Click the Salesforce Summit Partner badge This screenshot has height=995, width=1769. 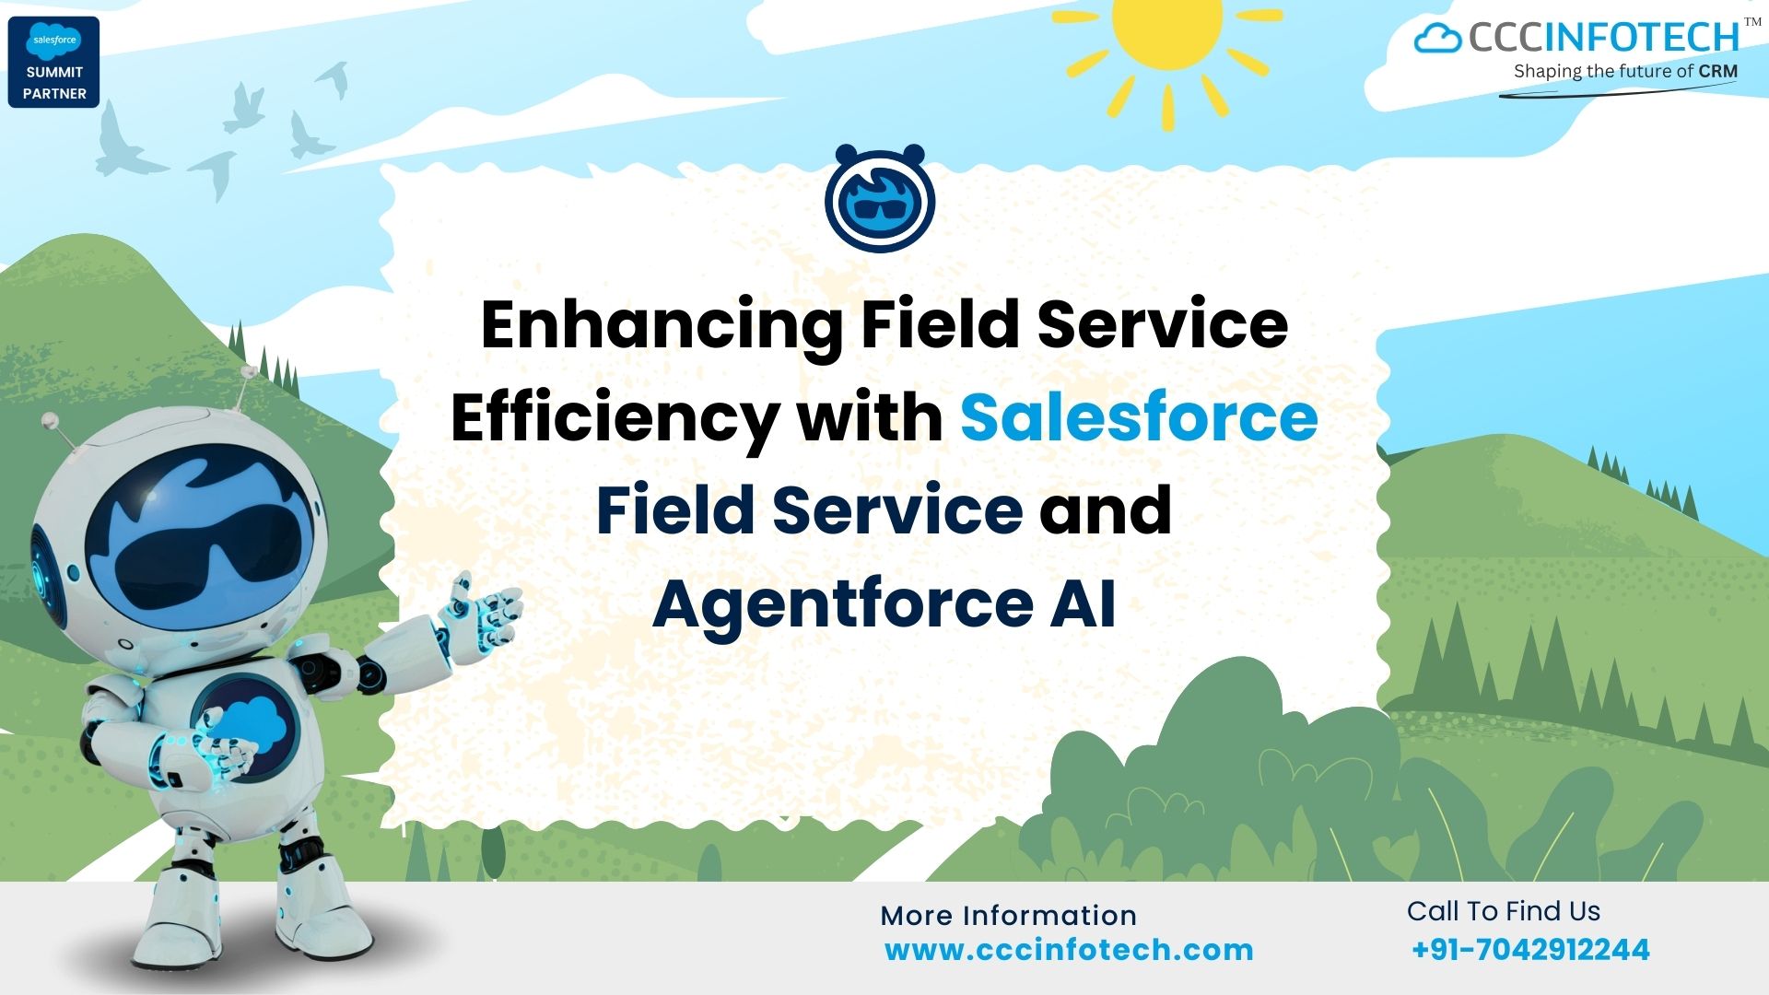point(53,62)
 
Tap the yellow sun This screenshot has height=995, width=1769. point(1167,28)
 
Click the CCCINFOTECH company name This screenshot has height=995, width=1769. point(1603,38)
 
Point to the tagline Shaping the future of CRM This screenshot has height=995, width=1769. point(1625,71)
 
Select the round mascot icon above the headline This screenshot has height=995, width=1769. point(880,199)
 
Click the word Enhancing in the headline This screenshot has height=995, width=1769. point(662,325)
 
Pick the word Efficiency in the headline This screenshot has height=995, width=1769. point(615,418)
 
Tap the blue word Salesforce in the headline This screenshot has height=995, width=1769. point(1139,416)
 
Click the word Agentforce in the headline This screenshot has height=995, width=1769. point(843,603)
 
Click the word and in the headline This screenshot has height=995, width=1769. point(1106,509)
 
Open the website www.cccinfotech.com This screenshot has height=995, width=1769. point(1069,950)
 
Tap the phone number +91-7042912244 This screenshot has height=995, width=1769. point(1530,950)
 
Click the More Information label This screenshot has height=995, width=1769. point(1008,915)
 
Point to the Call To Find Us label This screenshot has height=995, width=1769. point(1503,911)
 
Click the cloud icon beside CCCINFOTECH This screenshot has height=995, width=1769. point(1437,39)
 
